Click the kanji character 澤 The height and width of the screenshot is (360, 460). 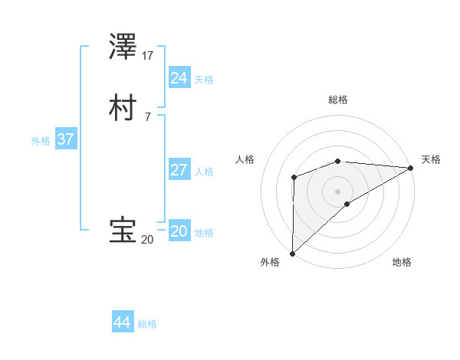pyautogui.click(x=123, y=47)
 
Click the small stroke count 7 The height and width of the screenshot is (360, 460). pyautogui.click(x=146, y=116)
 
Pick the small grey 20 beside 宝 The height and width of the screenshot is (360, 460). pyautogui.click(x=147, y=240)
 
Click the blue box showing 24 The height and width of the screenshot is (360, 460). pyautogui.click(x=179, y=77)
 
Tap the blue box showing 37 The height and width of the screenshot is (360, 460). pyautogui.click(x=65, y=140)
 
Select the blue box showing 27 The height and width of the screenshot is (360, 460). pyautogui.click(x=179, y=170)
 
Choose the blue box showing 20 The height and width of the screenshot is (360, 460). pyautogui.click(x=179, y=231)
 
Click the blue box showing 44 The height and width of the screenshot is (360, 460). pyautogui.click(x=123, y=322)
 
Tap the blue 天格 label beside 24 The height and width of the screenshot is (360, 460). pyautogui.click(x=204, y=80)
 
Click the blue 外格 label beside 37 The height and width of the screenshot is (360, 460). pyautogui.click(x=41, y=142)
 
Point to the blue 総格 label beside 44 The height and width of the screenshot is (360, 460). pyautogui.click(x=147, y=325)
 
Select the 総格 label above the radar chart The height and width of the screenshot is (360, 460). pyautogui.click(x=337, y=100)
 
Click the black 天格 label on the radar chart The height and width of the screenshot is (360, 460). pyautogui.click(x=431, y=159)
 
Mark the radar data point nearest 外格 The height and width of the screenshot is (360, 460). pyautogui.click(x=292, y=254)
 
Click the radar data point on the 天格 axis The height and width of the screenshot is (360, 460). pyautogui.click(x=410, y=168)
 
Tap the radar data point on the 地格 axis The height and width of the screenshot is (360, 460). pyautogui.click(x=347, y=204)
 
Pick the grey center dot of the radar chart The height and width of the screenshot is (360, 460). pyautogui.click(x=337, y=191)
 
